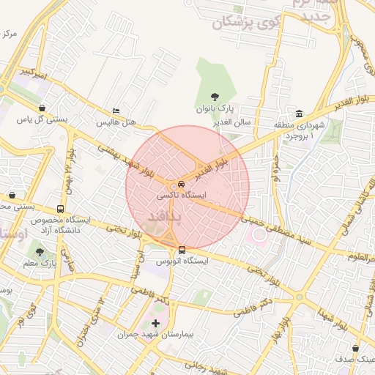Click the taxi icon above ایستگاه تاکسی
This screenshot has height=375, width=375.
coord(181,185)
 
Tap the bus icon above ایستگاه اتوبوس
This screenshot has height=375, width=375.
coord(182,249)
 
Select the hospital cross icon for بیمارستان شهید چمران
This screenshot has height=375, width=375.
coord(155,323)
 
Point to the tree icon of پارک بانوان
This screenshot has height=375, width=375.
coord(215,96)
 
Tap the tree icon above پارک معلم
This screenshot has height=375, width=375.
coord(40,251)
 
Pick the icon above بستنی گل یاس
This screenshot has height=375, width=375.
coord(42,108)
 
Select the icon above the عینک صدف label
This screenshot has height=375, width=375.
coord(356,349)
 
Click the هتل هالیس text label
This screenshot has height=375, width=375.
coord(118,122)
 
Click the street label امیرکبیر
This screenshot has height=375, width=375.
coord(36,73)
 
